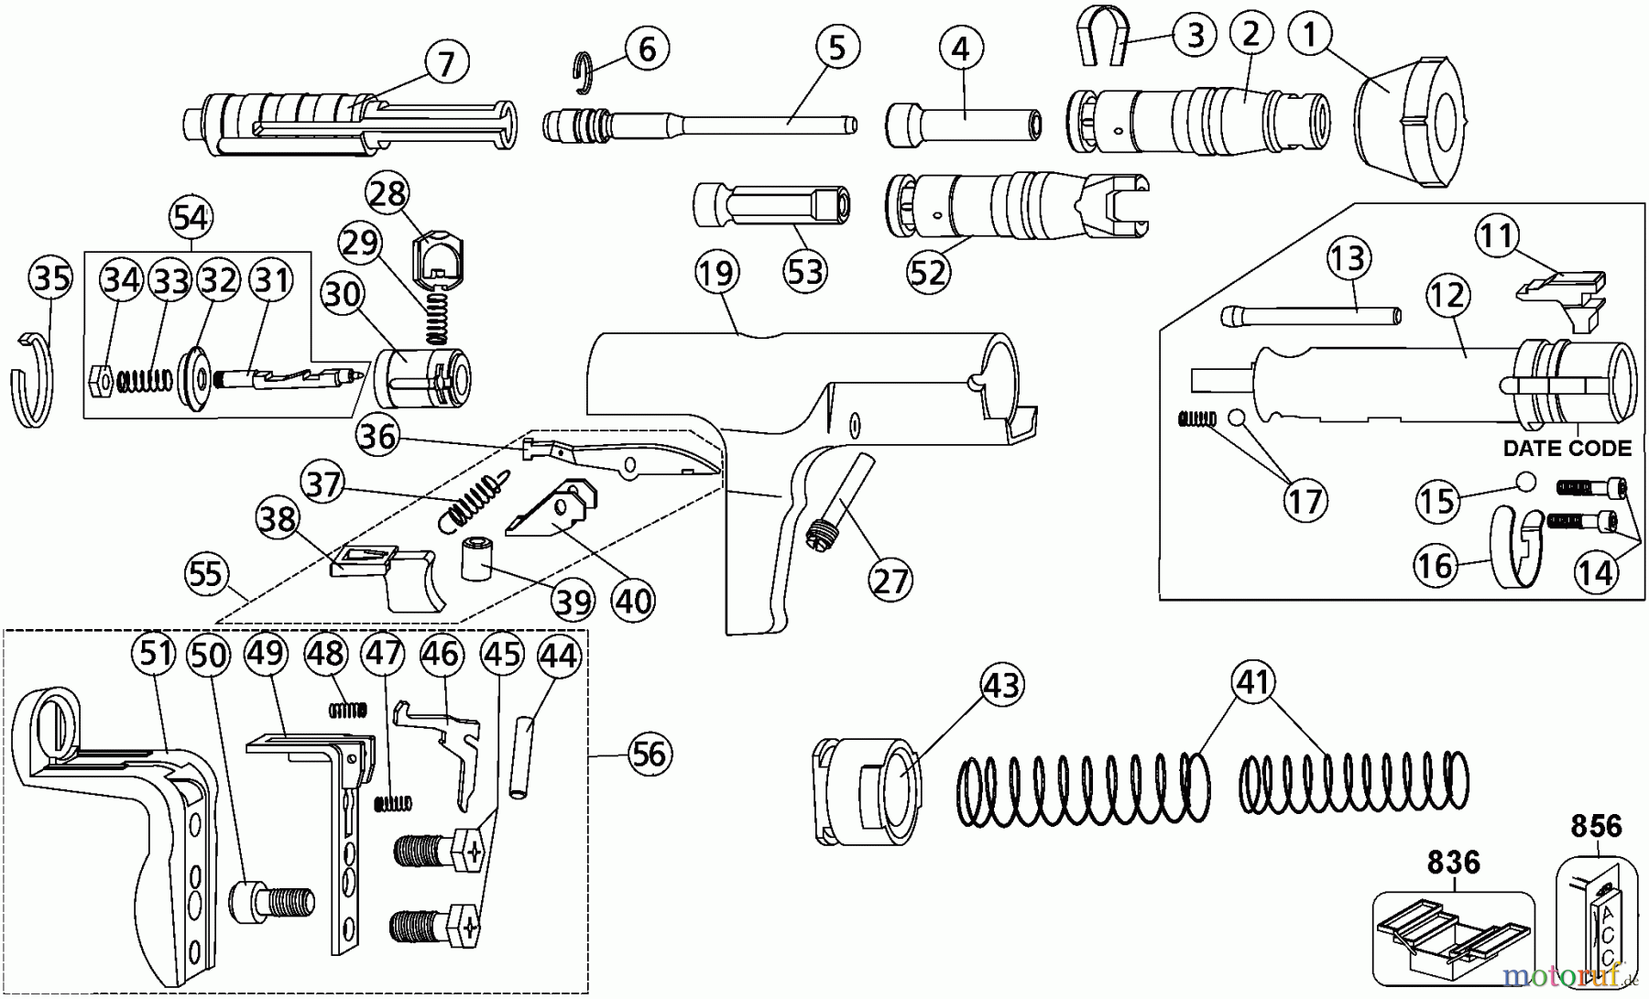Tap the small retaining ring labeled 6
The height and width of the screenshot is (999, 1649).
[584, 73]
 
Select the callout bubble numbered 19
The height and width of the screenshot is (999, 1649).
[716, 273]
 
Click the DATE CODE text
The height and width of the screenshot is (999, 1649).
[1567, 449]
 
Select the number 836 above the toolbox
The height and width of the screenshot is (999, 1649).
[1453, 862]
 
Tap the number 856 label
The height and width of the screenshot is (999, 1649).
[1596, 826]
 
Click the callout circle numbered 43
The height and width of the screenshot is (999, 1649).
[1001, 684]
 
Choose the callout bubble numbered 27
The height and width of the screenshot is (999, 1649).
[890, 581]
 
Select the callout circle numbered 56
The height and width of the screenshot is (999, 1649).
[649, 755]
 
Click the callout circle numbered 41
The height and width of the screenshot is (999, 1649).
[1254, 682]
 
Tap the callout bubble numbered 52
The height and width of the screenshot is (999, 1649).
[928, 272]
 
